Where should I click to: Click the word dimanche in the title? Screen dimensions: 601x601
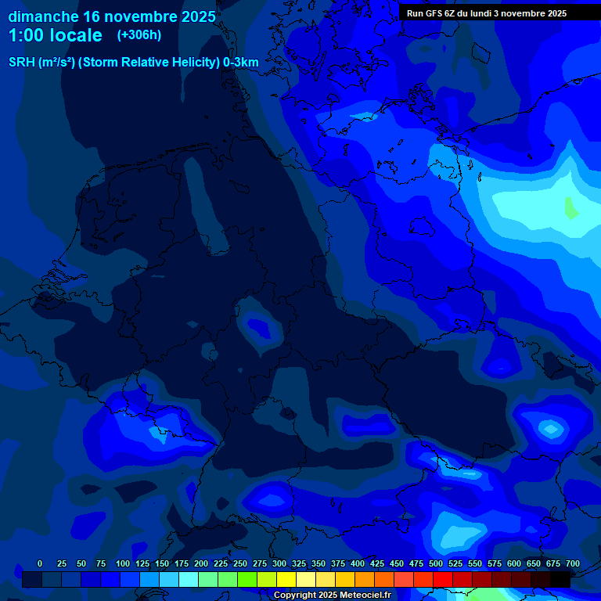[42, 16]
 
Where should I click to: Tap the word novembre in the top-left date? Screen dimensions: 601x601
[142, 16]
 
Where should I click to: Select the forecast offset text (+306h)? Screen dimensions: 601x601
[139, 35]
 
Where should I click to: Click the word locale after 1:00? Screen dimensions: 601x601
[74, 35]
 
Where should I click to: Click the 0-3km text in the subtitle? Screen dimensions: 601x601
[241, 62]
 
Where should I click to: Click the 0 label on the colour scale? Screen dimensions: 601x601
[40, 563]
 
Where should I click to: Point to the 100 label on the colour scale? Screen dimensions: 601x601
[123, 563]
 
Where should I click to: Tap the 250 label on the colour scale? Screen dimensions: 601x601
[240, 563]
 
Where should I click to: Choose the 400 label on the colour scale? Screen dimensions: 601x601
[358, 563]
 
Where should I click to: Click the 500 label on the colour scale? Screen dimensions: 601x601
[436, 563]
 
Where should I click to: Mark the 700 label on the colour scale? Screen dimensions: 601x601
[573, 563]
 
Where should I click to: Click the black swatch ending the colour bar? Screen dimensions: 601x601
[560, 579]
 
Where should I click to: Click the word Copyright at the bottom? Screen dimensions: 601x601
[294, 596]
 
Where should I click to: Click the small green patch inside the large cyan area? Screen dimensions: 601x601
[571, 208]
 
